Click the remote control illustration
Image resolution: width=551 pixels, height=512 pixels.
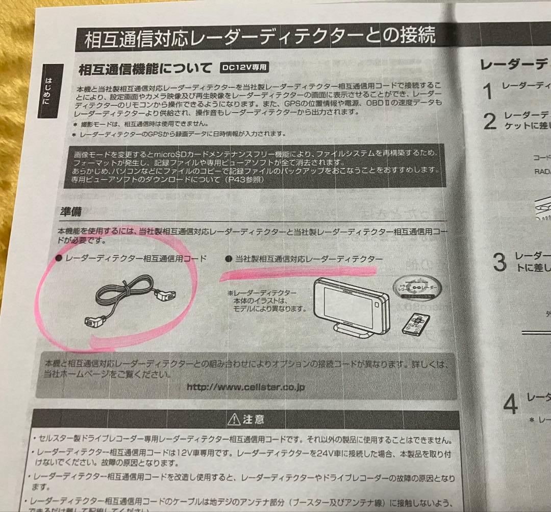tap(415, 324)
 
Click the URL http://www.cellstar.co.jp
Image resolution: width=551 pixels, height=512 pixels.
tap(245, 387)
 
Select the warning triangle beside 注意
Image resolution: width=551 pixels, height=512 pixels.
tap(234, 420)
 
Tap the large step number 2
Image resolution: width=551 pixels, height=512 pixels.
tap(489, 122)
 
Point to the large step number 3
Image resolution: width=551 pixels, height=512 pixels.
tap(499, 263)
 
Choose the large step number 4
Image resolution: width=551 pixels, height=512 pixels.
tap(510, 404)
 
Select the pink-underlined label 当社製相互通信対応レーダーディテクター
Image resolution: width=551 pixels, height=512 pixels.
tap(305, 260)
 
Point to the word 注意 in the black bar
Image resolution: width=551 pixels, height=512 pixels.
tap(254, 420)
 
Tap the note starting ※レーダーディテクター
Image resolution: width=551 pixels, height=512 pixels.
tap(266, 300)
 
